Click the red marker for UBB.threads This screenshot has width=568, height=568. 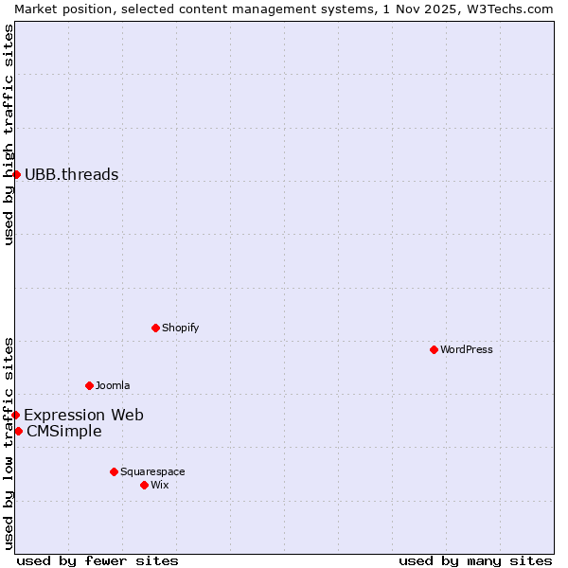pyautogui.click(x=16, y=174)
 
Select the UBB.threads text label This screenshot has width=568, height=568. pyautogui.click(x=71, y=174)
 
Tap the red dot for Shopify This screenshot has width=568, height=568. pyautogui.click(x=155, y=328)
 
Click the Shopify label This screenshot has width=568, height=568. pyautogui.click(x=180, y=328)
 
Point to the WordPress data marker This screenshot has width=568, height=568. pyautogui.click(x=434, y=349)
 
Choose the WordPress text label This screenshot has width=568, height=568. pyautogui.click(x=466, y=349)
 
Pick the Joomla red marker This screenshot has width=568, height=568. pyautogui.click(x=89, y=385)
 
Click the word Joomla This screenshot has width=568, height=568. pyautogui.click(x=113, y=385)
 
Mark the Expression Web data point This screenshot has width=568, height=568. pyautogui.click(x=15, y=415)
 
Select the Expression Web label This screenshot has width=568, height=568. pyautogui.click(x=83, y=415)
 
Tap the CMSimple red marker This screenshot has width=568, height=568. pyautogui.click(x=18, y=431)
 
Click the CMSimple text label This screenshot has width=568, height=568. pyautogui.click(x=63, y=432)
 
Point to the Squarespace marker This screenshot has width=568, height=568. pyautogui.click(x=114, y=471)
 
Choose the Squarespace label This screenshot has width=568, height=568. pyautogui.click(x=152, y=471)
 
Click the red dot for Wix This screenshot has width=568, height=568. pyautogui.click(x=144, y=485)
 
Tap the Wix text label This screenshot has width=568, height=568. pyautogui.click(x=159, y=485)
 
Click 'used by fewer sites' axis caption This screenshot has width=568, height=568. pyautogui.click(x=98, y=560)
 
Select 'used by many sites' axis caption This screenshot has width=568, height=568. pyautogui.click(x=475, y=560)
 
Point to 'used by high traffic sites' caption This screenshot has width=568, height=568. pyautogui.click(x=9, y=134)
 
